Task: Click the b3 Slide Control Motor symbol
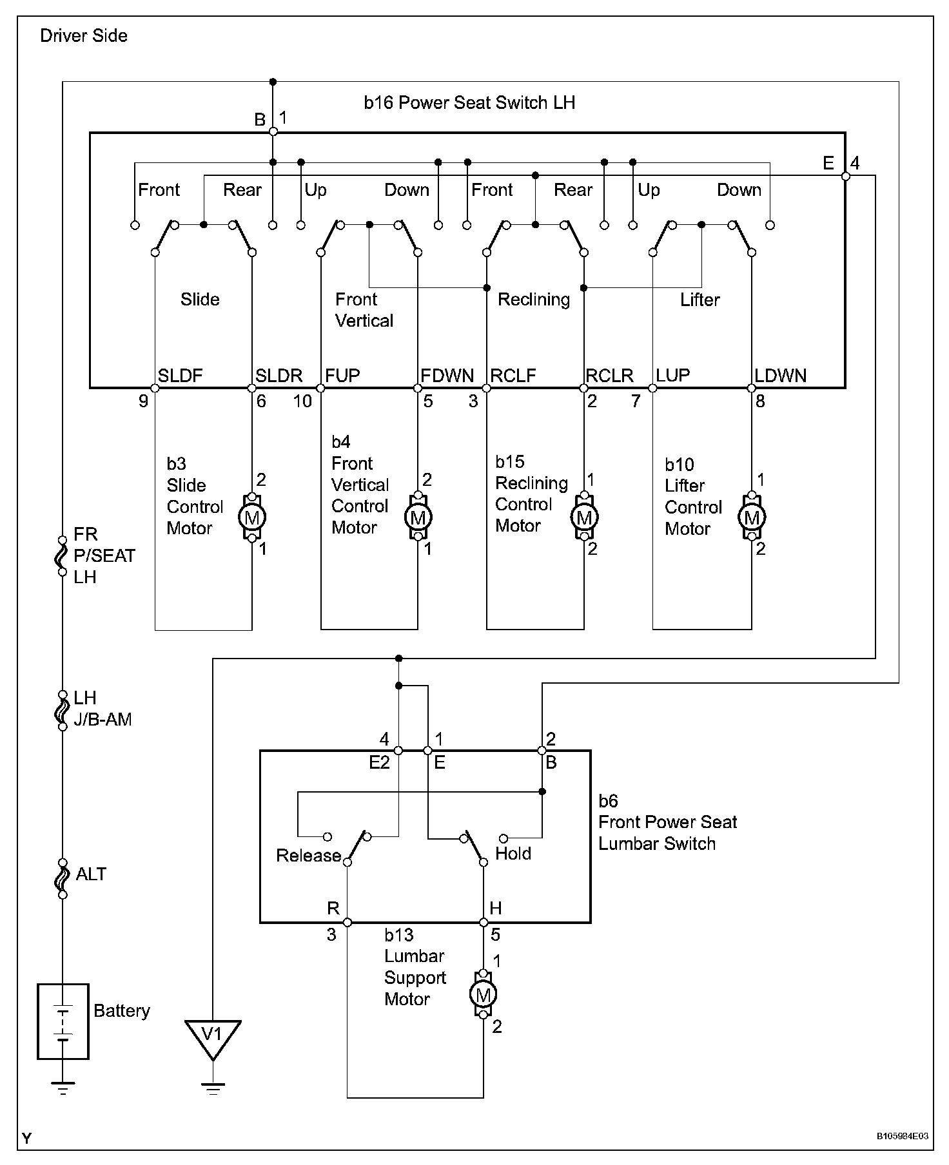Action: tap(252, 517)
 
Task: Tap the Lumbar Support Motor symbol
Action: tap(483, 996)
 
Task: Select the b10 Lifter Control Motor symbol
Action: tap(751, 517)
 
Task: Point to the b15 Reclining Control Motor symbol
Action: tap(584, 517)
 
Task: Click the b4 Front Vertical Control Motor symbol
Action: tap(418, 517)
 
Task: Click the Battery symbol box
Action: tap(63, 1021)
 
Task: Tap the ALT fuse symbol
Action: tap(63, 879)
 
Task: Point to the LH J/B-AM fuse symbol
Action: tap(63, 710)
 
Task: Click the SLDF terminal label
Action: tap(181, 376)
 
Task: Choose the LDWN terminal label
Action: tap(781, 376)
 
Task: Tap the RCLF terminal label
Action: tap(513, 376)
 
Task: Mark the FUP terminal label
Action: tap(342, 376)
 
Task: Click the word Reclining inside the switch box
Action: tap(534, 300)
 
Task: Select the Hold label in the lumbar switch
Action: tap(513, 854)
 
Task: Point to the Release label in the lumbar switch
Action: tap(308, 856)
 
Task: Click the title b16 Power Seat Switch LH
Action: tap(469, 102)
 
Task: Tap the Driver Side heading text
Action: tap(84, 35)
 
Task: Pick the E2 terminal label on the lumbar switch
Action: tap(379, 763)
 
